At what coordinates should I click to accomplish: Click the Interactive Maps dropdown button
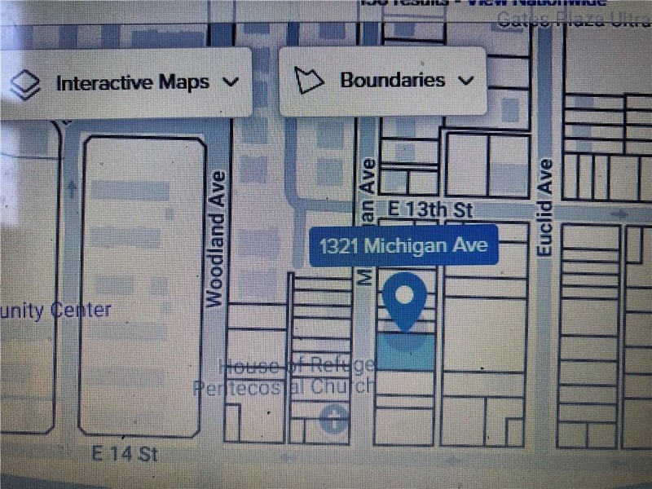pyautogui.click(x=126, y=82)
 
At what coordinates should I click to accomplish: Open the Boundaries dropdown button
pyautogui.click(x=383, y=81)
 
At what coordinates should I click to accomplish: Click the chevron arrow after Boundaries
pyautogui.click(x=466, y=81)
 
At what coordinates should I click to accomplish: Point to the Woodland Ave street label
pyautogui.click(x=216, y=238)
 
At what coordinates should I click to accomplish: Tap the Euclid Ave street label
pyautogui.click(x=545, y=207)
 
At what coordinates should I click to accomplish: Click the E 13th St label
pyautogui.click(x=430, y=210)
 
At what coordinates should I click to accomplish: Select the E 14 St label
pyautogui.click(x=124, y=453)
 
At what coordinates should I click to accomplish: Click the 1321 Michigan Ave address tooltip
pyautogui.click(x=404, y=245)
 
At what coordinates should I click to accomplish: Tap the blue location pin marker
pyautogui.click(x=404, y=299)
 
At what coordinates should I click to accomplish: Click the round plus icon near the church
pyautogui.click(x=334, y=420)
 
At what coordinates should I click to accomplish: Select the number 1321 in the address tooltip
pyautogui.click(x=340, y=245)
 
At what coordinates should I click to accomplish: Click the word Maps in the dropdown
pyautogui.click(x=184, y=82)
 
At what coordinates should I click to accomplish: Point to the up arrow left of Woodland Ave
pyautogui.click(x=72, y=189)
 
